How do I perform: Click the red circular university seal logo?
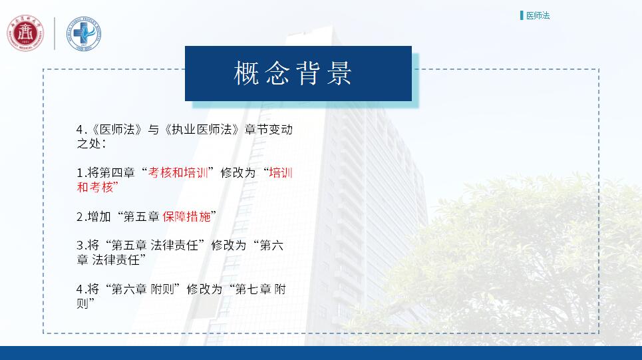pos(25,33)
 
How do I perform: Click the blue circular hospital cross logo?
pos(84,34)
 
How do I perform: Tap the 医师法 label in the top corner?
pos(538,15)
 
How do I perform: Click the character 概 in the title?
pos(246,73)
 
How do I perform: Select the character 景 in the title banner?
pos(339,73)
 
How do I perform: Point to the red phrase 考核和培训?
pos(178,172)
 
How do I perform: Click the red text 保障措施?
pos(186,216)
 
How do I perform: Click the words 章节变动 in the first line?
pos(269,129)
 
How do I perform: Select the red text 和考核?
pos(95,187)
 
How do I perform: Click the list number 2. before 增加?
pos(81,217)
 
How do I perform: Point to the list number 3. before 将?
pos(81,246)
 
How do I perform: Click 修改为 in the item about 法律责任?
pos(229,246)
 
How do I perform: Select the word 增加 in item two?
pos(99,216)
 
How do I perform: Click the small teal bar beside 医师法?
pos(522,15)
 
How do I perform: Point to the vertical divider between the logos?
pos(55,33)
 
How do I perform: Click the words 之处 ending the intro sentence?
pos(88,144)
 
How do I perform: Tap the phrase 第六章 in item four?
pos(129,289)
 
